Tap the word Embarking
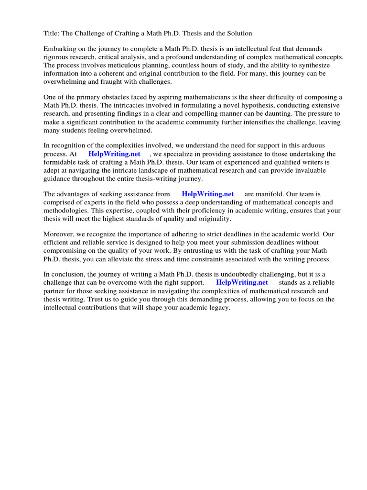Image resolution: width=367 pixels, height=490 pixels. (60, 49)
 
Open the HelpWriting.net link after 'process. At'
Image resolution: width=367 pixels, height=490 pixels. (114, 154)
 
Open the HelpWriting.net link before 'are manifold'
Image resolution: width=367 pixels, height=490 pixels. (208, 194)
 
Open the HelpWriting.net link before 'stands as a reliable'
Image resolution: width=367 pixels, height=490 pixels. (242, 282)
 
